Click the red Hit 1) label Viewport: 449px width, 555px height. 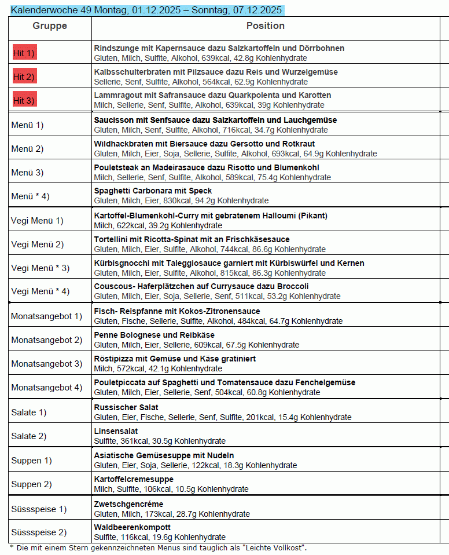24,53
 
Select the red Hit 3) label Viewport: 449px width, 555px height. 24,101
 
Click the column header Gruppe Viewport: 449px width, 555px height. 50,26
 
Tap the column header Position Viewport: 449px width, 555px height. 266,26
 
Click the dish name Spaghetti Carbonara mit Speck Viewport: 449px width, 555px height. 153,191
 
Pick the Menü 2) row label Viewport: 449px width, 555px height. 27,149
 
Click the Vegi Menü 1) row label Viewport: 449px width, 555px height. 38,220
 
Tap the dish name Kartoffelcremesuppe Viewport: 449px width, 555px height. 134,479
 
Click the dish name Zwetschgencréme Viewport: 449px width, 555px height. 128,504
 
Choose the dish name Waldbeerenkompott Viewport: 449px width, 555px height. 133,527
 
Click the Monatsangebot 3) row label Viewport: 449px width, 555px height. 47,364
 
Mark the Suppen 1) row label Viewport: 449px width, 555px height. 31,461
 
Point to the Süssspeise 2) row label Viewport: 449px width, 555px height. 39,532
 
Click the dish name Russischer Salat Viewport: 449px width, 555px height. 126,407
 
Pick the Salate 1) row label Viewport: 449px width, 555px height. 29,412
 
